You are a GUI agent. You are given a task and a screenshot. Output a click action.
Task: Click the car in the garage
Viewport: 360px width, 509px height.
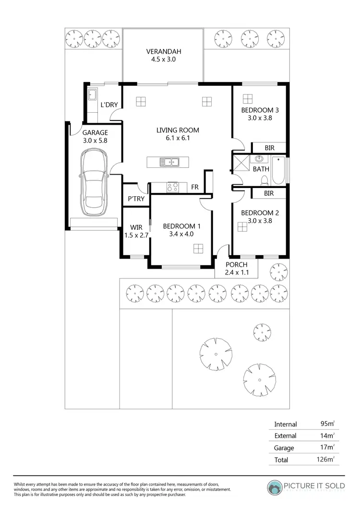(x=94, y=183)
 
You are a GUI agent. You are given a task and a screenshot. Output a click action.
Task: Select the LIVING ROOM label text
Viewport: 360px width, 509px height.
(x=178, y=130)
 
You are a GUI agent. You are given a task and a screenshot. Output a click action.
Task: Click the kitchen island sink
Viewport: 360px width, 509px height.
(x=169, y=162)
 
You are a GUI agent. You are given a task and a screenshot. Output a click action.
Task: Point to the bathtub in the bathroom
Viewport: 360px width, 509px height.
(x=278, y=169)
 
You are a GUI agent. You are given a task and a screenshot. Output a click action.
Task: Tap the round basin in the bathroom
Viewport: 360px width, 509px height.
(x=260, y=159)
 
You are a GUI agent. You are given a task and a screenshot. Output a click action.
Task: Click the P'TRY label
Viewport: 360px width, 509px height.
(x=136, y=199)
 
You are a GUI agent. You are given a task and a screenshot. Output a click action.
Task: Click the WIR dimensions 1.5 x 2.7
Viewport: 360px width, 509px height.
(x=135, y=235)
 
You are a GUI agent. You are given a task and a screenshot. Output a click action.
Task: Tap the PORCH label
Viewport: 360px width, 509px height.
(x=236, y=264)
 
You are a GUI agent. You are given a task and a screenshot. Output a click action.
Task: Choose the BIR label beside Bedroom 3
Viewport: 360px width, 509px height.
(x=269, y=148)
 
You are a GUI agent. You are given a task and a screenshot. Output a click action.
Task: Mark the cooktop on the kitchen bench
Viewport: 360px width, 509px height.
(x=172, y=187)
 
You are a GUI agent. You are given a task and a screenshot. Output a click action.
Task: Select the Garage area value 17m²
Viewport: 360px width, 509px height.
(x=327, y=448)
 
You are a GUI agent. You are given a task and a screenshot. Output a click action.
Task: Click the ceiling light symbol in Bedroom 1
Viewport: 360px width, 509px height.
(x=198, y=248)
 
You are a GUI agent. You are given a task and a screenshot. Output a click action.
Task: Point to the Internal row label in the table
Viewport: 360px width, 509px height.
(x=286, y=424)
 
